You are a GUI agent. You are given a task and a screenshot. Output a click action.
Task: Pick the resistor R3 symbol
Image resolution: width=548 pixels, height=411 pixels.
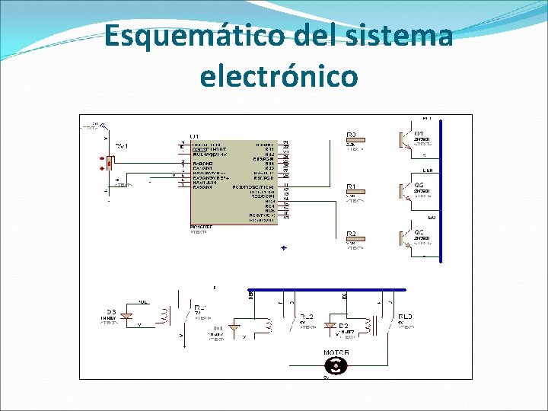click(x=355, y=140)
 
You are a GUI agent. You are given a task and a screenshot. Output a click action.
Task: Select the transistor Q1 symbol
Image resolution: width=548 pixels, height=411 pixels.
click(x=404, y=139)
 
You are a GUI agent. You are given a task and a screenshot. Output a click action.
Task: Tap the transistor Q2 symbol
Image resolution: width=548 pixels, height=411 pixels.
click(x=404, y=191)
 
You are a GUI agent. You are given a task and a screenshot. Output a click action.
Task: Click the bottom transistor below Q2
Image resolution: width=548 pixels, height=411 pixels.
click(x=404, y=238)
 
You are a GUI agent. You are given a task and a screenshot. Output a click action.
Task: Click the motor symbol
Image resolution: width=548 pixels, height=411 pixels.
click(x=336, y=365)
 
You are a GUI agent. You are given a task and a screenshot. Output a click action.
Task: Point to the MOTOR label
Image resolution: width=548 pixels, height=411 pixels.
click(x=336, y=353)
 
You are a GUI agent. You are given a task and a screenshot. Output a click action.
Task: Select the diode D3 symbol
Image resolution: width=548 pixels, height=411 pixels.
click(x=127, y=315)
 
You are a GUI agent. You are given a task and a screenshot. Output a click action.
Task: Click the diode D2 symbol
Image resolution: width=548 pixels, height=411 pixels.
click(x=330, y=325)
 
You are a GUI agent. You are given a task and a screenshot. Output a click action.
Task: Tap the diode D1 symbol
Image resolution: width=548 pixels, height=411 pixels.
click(x=235, y=329)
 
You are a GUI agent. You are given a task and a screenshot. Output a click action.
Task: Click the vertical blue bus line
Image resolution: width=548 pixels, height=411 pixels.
click(x=441, y=190)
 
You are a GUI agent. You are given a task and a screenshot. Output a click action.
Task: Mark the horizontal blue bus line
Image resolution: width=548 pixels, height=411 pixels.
click(x=327, y=290)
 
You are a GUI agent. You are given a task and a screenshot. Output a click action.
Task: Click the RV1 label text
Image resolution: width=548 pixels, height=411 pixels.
click(x=122, y=145)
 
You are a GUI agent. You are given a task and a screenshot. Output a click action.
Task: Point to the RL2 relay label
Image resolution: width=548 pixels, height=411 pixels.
click(x=307, y=316)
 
